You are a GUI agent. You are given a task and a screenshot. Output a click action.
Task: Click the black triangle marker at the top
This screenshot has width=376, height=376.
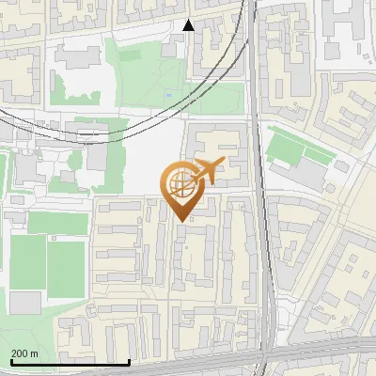point(189,25)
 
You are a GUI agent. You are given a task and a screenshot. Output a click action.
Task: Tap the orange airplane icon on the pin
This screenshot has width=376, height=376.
point(210,170)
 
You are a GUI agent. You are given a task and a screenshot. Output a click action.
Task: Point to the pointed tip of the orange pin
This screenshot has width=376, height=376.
point(181,221)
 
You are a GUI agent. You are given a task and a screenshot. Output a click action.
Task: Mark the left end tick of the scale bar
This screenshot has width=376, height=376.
point(10,362)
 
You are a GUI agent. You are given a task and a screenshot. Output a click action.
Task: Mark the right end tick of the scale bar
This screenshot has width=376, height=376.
point(129,362)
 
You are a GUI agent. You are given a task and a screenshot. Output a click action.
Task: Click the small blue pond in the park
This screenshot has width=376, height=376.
point(169,94)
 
